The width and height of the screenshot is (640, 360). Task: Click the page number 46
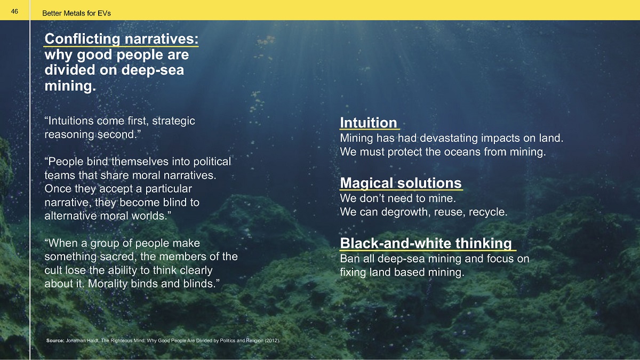click(x=14, y=11)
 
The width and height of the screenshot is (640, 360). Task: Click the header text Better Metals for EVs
click(x=76, y=13)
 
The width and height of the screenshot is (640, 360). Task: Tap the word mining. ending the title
click(x=70, y=86)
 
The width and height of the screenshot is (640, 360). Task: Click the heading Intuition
click(x=369, y=123)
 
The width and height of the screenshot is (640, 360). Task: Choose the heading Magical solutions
click(x=401, y=183)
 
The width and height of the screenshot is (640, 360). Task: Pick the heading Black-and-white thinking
click(x=426, y=243)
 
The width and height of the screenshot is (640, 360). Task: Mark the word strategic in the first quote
click(x=173, y=121)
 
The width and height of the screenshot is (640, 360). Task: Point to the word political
click(x=212, y=162)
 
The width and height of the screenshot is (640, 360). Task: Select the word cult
click(x=53, y=270)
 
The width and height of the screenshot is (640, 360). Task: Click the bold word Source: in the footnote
click(x=55, y=341)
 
